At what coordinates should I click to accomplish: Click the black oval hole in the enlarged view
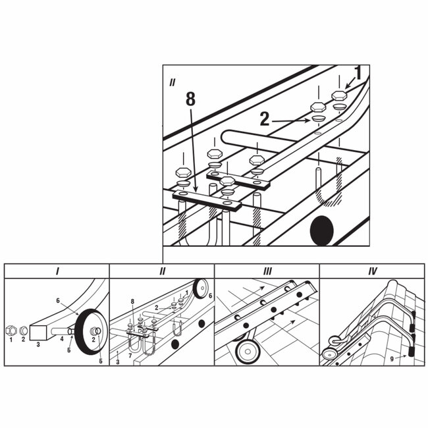(323, 231)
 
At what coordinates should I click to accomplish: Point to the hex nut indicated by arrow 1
(339, 95)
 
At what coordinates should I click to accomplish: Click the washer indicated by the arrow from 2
(318, 118)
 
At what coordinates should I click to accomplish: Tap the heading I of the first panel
(57, 271)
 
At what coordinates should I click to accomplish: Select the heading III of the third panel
(267, 271)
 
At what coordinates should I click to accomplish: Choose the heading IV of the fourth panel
(371, 271)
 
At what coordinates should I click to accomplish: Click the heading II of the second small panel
(162, 271)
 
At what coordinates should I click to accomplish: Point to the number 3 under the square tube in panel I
(38, 344)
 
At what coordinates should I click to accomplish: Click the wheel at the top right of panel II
(200, 288)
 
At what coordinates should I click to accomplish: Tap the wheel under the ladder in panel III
(248, 350)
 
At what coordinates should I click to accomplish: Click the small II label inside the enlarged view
(172, 83)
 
